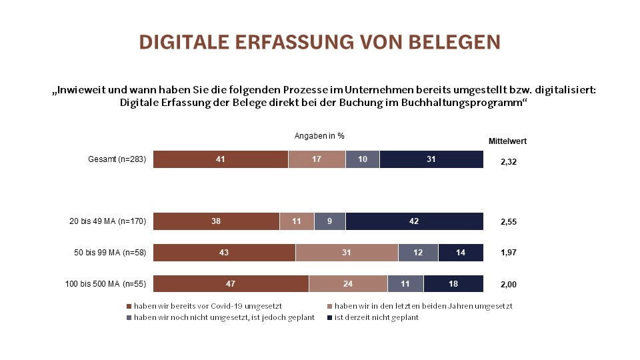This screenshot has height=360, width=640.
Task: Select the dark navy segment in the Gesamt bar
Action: [x=431, y=159]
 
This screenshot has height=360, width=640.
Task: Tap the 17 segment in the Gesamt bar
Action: [x=317, y=159]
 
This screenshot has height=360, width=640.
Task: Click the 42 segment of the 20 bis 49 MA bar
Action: [x=414, y=221]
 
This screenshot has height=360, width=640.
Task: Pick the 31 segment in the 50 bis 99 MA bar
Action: [x=347, y=253]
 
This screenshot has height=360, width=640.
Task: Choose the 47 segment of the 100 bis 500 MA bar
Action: [x=231, y=283]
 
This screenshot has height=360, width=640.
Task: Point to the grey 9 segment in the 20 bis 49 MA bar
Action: [x=329, y=221]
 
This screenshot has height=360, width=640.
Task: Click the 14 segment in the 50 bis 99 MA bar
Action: [x=461, y=253]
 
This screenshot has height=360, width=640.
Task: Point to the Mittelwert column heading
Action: [x=508, y=141]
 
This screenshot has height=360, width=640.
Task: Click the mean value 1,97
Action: [x=508, y=253]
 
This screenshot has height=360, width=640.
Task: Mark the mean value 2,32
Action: [x=508, y=161]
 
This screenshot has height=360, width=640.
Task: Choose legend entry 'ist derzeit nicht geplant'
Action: [x=376, y=317]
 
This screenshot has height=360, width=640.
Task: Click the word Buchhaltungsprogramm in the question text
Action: [x=459, y=103]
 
